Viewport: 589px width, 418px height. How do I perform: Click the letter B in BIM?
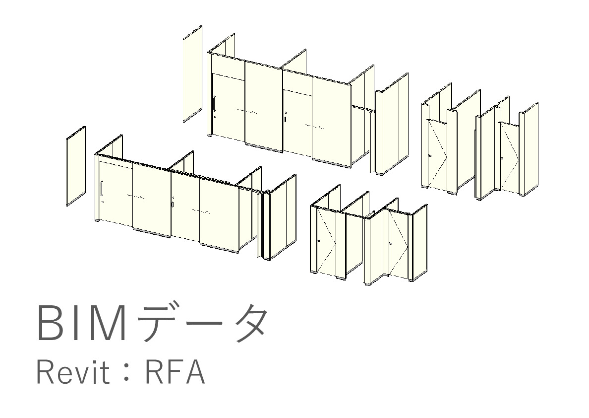(51, 323)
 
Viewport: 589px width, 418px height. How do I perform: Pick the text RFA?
(174, 373)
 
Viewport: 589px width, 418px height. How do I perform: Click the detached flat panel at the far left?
(76, 165)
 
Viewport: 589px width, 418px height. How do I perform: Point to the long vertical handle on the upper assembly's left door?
(214, 105)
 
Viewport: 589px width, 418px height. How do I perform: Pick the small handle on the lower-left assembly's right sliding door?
(173, 204)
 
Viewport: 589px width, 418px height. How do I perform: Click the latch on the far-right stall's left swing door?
(429, 157)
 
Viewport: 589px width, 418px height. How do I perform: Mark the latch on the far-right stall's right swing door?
(502, 158)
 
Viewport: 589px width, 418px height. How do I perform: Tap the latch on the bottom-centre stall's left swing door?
(318, 241)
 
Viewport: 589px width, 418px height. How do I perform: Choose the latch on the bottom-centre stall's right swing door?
(390, 243)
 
